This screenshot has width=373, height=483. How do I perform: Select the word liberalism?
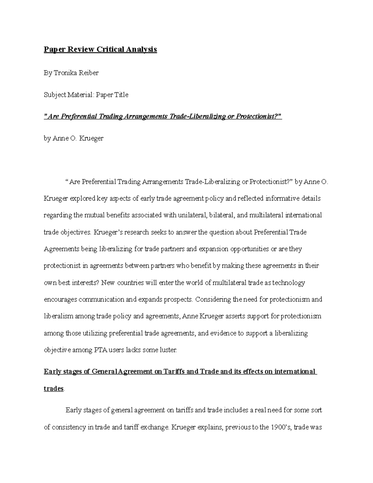pyautogui.click(x=59, y=316)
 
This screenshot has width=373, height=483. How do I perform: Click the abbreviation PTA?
pyautogui.click(x=101, y=350)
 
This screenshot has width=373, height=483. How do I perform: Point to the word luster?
pyautogui.click(x=168, y=350)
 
